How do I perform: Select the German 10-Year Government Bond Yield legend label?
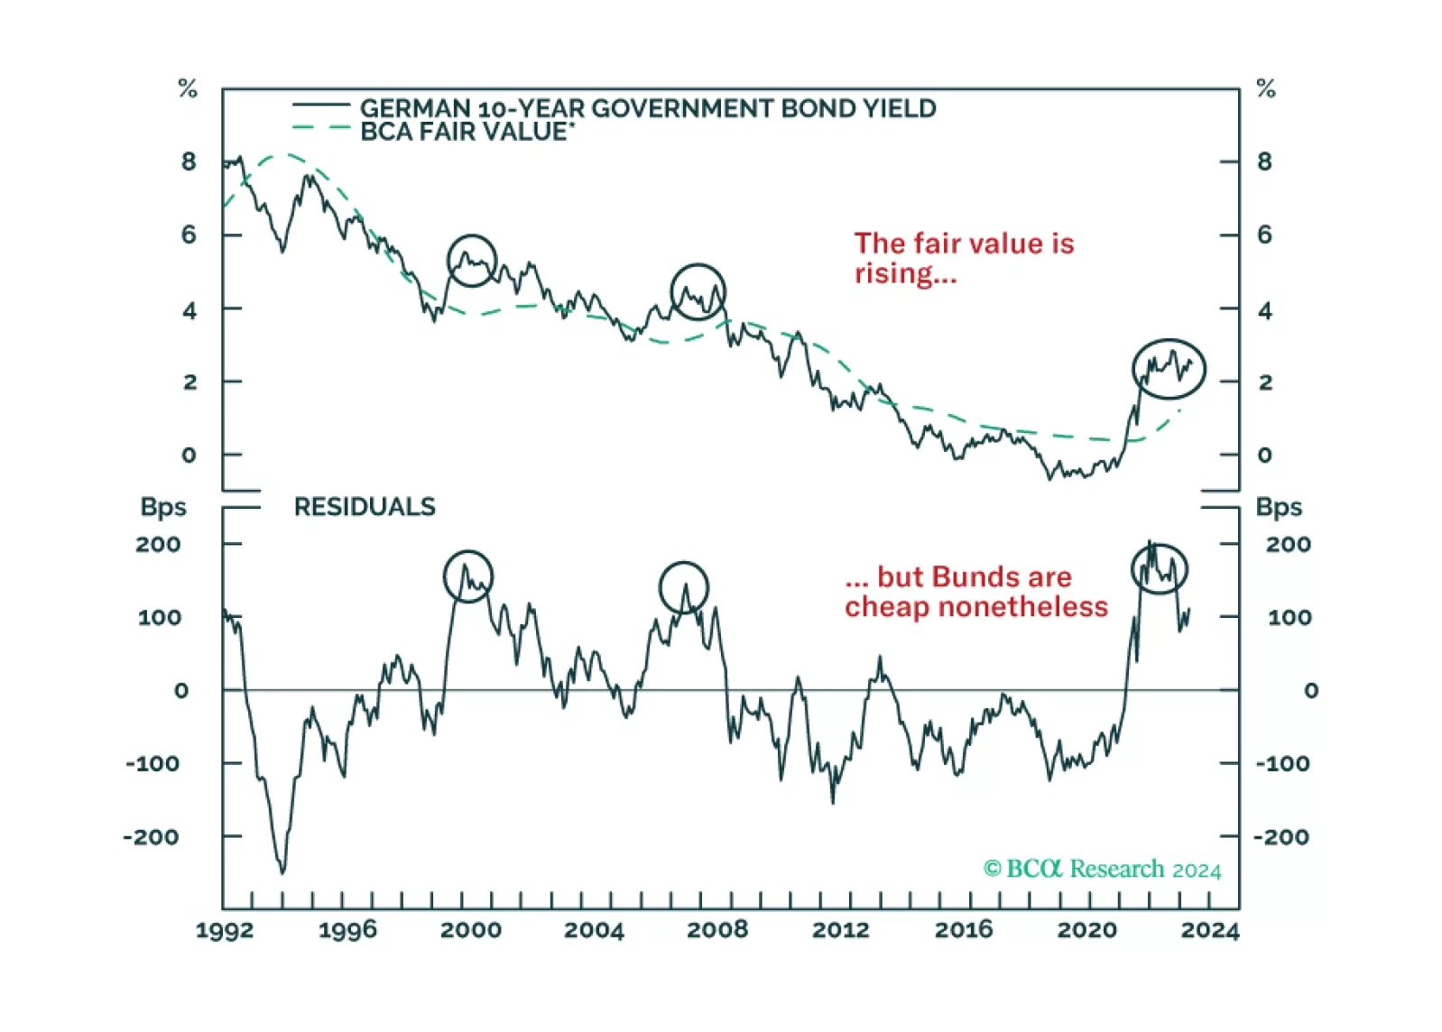tap(647, 109)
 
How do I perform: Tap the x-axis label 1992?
tap(225, 930)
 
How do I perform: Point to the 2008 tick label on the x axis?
tap(717, 930)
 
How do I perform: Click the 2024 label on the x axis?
tap(1209, 930)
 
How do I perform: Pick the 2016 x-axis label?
tap(964, 930)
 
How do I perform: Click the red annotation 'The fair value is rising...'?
tap(963, 258)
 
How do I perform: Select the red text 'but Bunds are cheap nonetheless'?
tap(975, 592)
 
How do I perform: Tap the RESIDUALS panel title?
tap(365, 507)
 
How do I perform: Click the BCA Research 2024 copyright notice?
tap(1102, 869)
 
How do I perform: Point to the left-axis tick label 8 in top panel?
tap(189, 161)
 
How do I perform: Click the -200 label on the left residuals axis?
tap(152, 837)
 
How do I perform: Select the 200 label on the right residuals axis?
tap(1288, 544)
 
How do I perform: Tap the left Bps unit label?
tap(163, 507)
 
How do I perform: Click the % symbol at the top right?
tap(1266, 88)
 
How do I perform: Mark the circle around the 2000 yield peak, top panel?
tap(472, 261)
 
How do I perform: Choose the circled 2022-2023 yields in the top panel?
tap(1169, 369)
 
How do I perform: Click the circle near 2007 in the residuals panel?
tap(684, 587)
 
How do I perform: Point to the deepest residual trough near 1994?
tap(282, 871)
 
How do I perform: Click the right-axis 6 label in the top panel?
tap(1265, 235)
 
